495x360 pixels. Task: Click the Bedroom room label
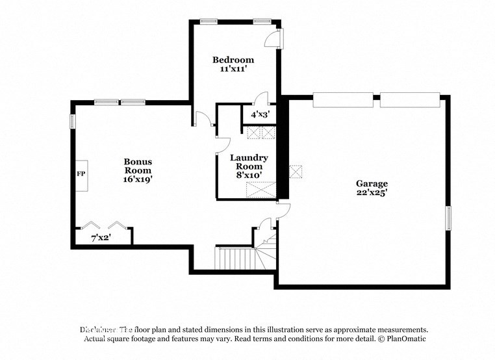pos(233,60)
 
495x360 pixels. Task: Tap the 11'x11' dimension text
pos(233,70)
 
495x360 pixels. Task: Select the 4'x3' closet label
pos(255,114)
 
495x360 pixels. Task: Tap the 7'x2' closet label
pos(101,238)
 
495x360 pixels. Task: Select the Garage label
pos(371,183)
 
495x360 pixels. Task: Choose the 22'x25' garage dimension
pos(371,193)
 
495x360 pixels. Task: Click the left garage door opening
pos(342,99)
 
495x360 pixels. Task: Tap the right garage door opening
pos(410,99)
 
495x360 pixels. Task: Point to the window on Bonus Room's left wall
pos(73,121)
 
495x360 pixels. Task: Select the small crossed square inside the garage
pos(296,172)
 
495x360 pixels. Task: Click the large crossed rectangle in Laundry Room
pos(260,190)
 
